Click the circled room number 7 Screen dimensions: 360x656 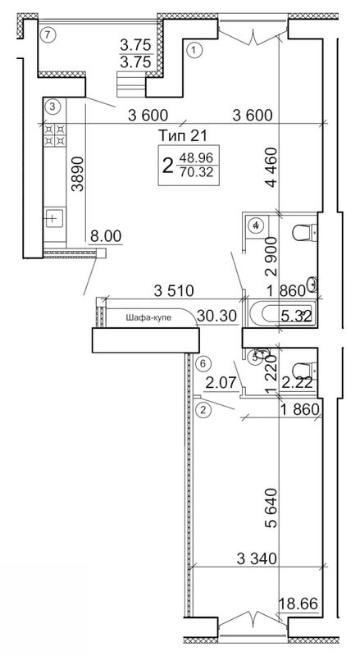click(x=48, y=34)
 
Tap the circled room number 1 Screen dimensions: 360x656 click(x=194, y=50)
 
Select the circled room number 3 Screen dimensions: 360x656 click(x=52, y=106)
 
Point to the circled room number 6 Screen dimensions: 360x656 click(x=203, y=363)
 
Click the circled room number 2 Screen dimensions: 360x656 click(x=203, y=409)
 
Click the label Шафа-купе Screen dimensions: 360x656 click(x=149, y=317)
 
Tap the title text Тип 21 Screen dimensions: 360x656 click(x=184, y=135)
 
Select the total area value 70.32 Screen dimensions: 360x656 click(x=196, y=171)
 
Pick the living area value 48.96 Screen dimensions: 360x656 click(x=196, y=157)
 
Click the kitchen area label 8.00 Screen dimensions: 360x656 click(x=106, y=236)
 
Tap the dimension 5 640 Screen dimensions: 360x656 click(x=271, y=508)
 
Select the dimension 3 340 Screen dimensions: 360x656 click(x=257, y=558)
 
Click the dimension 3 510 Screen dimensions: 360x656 click(x=174, y=291)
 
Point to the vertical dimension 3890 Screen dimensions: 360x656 click(x=77, y=174)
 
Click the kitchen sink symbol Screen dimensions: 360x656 click(x=54, y=217)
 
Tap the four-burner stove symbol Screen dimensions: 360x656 click(x=54, y=134)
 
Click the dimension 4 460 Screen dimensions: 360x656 click(x=271, y=168)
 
